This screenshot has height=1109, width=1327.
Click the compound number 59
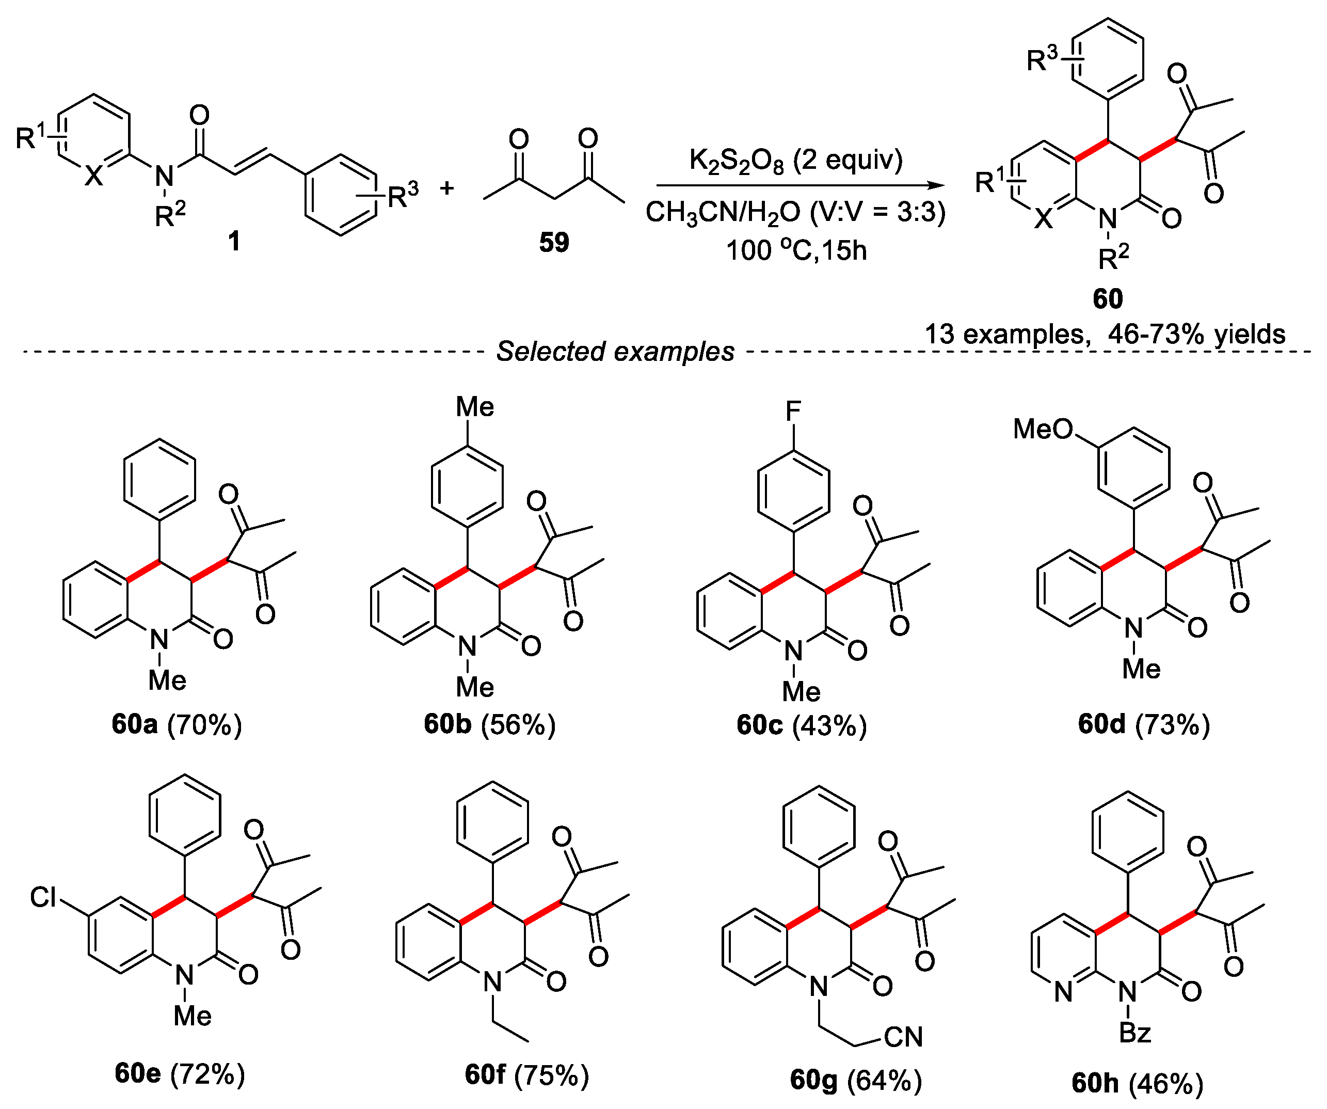click(x=553, y=242)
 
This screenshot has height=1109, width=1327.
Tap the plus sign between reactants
click(x=447, y=188)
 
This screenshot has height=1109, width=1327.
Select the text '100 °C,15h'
click(x=796, y=250)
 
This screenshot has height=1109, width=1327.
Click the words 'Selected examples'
click(x=615, y=352)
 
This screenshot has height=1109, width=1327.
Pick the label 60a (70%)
click(x=177, y=724)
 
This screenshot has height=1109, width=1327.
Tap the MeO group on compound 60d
click(x=1043, y=430)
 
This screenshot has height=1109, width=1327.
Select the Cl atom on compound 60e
click(x=43, y=897)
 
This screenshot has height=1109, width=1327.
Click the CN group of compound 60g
click(x=903, y=1037)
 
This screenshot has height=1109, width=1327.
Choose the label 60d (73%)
click(x=1144, y=724)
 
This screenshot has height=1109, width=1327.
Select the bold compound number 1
click(x=234, y=241)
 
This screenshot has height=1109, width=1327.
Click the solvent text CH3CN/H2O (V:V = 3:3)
click(x=795, y=212)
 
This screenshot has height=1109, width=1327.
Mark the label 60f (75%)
click(x=526, y=1075)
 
